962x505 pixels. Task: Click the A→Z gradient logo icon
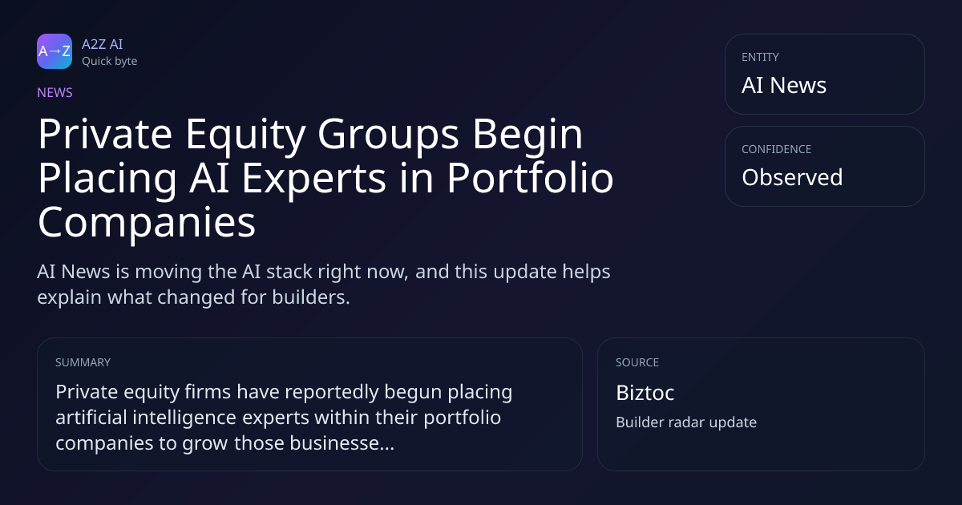(55, 51)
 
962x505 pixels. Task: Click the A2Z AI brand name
(103, 44)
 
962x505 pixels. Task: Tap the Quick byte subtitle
(110, 62)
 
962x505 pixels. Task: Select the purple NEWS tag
(55, 92)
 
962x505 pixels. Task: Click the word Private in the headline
(105, 134)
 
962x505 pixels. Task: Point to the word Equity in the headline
(245, 135)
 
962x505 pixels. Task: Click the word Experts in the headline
(313, 179)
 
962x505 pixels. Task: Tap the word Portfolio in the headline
(531, 177)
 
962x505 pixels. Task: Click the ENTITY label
(760, 57)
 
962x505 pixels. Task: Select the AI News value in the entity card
(784, 85)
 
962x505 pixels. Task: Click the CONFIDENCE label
(777, 149)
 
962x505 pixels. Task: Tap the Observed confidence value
(792, 177)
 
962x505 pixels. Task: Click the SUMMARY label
(83, 362)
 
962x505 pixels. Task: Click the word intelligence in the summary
(184, 418)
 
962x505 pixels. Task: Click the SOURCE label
(637, 362)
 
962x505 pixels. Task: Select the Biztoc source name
(645, 393)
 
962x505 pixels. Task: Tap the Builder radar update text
(686, 422)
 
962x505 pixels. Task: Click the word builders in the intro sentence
(311, 297)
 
